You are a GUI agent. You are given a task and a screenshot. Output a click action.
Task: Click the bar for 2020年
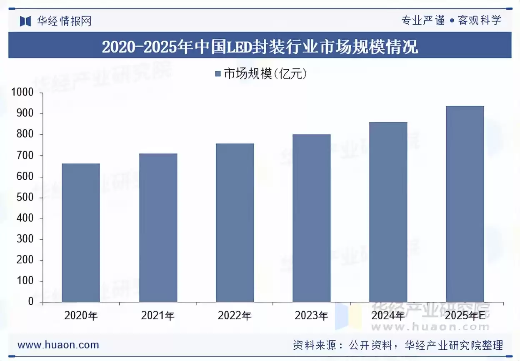tap(81, 233)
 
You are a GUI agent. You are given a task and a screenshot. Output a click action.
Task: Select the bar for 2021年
tap(158, 228)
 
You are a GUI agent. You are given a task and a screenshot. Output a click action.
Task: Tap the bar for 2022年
tap(235, 223)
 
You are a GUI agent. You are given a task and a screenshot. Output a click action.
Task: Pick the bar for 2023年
tap(311, 218)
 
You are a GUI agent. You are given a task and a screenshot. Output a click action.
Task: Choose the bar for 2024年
tap(388, 212)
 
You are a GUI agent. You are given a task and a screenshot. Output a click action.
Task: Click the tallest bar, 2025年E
tap(465, 204)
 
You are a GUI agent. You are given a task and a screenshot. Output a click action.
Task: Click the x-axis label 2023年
tap(311, 316)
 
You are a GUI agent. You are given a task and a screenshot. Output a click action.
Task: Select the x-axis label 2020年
tap(81, 316)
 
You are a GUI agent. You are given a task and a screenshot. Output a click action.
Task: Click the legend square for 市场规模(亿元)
tap(218, 74)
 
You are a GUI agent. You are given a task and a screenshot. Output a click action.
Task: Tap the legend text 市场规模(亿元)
tap(265, 74)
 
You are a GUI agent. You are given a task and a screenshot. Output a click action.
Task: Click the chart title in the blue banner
tap(260, 46)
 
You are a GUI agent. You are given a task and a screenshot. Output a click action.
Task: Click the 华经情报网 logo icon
tap(25, 21)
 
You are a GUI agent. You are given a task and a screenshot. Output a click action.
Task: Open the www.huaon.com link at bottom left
tap(58, 345)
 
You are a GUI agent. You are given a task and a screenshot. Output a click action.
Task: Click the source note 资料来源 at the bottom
tap(398, 345)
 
